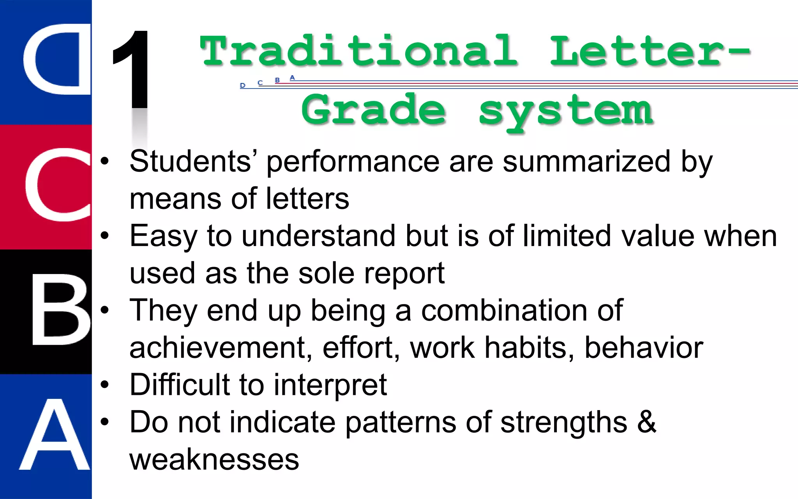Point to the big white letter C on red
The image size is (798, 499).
point(58,185)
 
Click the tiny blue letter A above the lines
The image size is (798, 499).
point(292,78)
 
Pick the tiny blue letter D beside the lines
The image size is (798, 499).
point(242,85)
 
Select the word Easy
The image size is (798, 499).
point(164,236)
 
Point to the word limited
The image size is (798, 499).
point(567,235)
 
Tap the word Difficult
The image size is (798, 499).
point(179,384)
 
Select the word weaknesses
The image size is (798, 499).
point(214,459)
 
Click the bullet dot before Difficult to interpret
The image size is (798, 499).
point(104,385)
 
